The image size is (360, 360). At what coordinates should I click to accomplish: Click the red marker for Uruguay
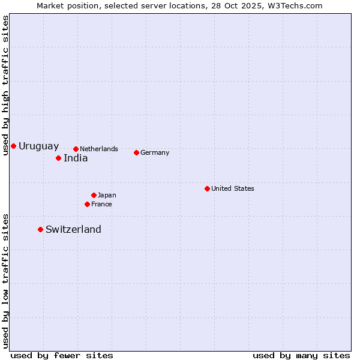13,146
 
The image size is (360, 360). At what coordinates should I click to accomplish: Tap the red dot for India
58,158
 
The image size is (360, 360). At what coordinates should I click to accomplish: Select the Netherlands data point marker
76,149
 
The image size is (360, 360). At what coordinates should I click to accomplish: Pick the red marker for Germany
136,152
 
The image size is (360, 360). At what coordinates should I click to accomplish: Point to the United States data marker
207,188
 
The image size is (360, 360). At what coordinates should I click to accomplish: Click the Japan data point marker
94,195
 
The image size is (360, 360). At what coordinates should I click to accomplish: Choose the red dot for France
87,204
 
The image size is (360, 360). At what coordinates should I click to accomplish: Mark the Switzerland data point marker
40,229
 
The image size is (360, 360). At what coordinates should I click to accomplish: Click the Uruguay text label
39,146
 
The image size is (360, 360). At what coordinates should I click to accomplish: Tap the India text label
76,158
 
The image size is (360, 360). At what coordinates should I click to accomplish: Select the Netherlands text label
99,149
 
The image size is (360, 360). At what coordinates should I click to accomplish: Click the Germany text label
155,152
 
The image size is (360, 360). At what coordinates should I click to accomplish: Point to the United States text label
233,188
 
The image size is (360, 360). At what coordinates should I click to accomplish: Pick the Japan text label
107,195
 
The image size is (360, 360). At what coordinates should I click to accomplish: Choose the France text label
101,204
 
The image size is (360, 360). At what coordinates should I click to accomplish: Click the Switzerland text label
73,229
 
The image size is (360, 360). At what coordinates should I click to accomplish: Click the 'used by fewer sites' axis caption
62,355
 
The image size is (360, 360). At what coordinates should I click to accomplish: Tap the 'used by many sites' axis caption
301,355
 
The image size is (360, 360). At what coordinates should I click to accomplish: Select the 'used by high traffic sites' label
5,85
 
